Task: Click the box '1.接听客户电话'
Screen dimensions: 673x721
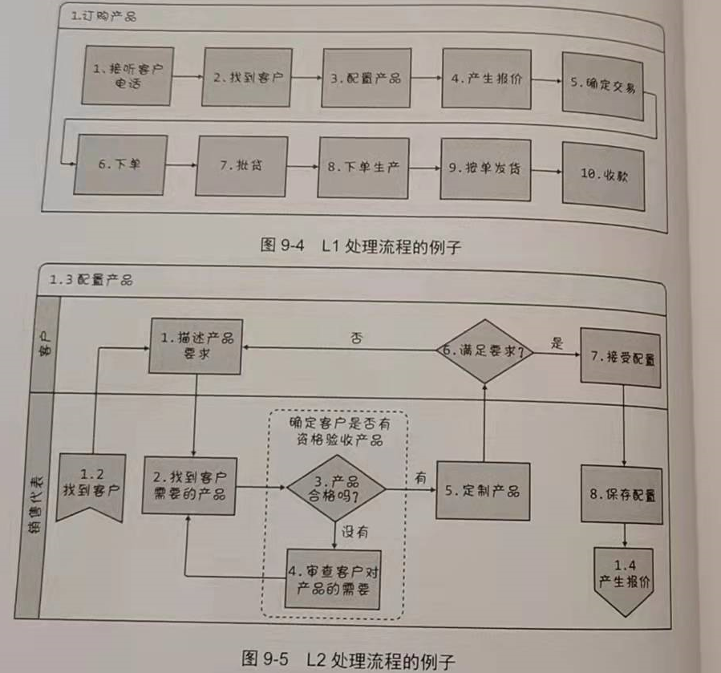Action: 128,75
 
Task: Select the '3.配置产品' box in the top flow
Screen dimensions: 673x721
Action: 366,78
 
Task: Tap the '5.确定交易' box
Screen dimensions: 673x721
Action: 602,86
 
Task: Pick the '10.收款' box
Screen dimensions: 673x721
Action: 602,176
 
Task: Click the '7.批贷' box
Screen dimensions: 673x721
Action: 241,166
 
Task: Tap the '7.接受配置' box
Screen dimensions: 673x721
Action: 621,359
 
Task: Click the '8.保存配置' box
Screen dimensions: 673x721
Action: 622,494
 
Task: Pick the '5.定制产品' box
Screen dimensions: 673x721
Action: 483,491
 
